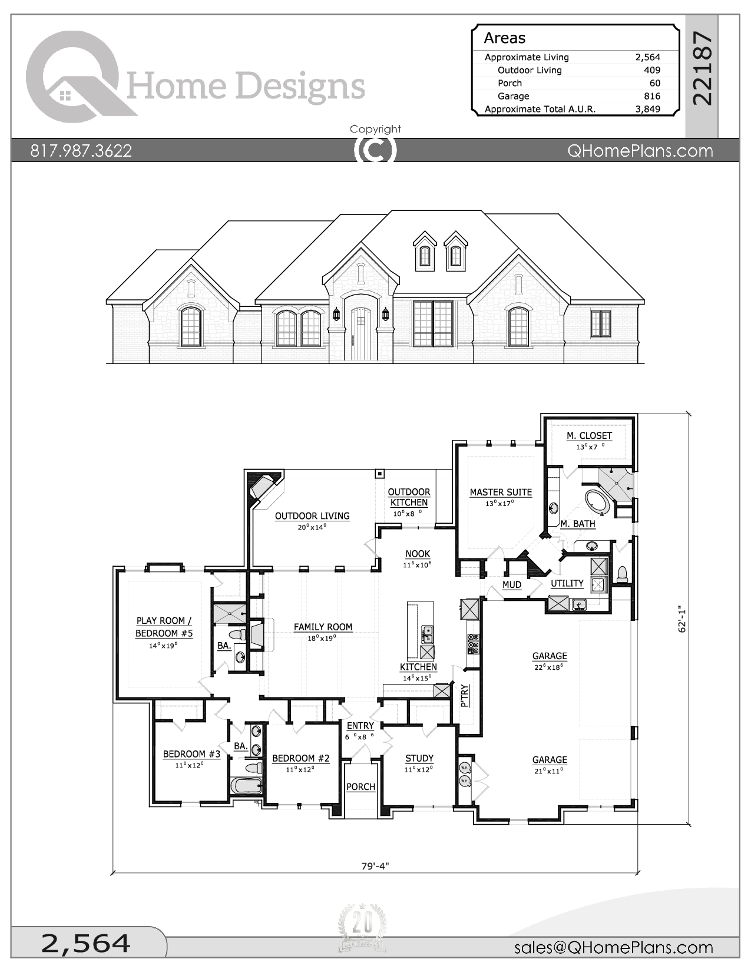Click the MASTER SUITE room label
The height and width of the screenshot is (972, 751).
[x=501, y=492]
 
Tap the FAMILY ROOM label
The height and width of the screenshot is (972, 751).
[x=323, y=627]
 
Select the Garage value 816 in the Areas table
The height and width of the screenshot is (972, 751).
[x=651, y=96]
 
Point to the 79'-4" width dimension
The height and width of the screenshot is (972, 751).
[x=375, y=866]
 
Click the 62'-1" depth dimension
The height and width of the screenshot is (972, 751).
[x=683, y=619]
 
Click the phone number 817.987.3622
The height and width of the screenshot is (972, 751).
[x=81, y=151]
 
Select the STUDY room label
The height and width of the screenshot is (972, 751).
[x=419, y=759]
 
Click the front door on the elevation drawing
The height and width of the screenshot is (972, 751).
[x=361, y=333]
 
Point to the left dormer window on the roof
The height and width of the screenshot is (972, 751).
[x=425, y=253]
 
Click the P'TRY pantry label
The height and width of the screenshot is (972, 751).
[x=465, y=696]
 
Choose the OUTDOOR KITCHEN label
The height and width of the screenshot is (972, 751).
[x=409, y=497]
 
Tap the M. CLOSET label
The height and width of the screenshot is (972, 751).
[x=589, y=436]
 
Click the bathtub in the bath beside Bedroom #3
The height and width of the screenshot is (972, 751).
[x=245, y=786]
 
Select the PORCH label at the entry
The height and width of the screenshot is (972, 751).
[x=360, y=787]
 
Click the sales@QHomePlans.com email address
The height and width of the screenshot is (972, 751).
[x=613, y=947]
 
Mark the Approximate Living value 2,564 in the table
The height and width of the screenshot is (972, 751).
[x=647, y=57]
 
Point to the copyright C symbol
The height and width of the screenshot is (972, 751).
[x=375, y=150]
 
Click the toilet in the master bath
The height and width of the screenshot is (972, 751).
[x=622, y=574]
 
